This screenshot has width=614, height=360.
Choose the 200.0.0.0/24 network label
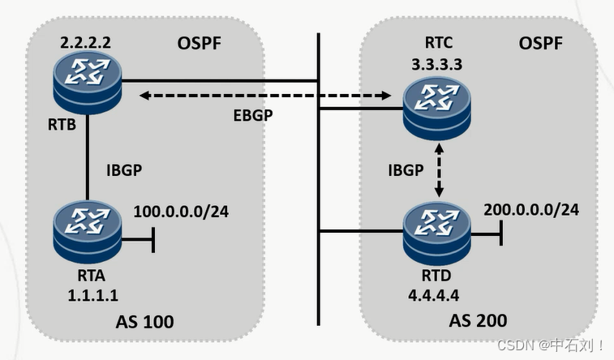click(531, 209)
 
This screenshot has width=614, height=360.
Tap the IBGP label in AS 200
click(406, 171)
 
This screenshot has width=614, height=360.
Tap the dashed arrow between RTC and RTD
click(440, 170)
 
